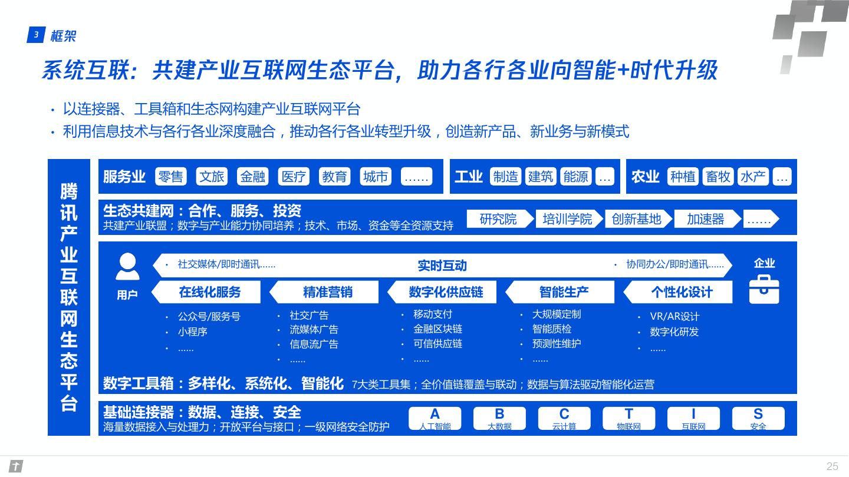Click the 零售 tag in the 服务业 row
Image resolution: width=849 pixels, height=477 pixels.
coord(170,177)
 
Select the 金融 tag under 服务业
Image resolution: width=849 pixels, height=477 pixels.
coord(253,177)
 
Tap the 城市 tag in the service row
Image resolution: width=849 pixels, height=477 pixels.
coord(376,177)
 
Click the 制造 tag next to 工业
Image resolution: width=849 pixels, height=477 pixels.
coord(506,177)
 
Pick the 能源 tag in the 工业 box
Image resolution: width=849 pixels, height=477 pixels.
coord(575,177)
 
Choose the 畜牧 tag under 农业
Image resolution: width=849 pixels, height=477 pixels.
coord(718,177)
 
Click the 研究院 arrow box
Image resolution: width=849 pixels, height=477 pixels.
coord(498,219)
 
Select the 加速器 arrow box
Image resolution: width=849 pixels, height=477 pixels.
coord(705,219)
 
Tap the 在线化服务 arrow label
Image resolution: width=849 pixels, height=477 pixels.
coord(209,291)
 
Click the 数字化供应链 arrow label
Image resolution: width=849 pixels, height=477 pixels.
coord(445,291)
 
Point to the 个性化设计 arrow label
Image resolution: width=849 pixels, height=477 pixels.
coord(681,291)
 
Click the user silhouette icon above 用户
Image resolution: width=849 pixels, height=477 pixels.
coord(127,267)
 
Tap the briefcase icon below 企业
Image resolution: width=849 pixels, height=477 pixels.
coord(764,289)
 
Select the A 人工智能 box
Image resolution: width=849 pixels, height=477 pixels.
coord(435,418)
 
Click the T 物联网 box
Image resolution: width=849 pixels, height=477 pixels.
coord(628,418)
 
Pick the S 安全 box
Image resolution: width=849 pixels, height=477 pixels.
coord(758,418)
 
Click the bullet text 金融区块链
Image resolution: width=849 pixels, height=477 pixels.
coord(437,329)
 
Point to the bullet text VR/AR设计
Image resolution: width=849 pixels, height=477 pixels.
coord(674,316)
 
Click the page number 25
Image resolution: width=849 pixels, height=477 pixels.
coord(832,466)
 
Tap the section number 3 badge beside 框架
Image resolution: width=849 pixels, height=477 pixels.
coord(36,35)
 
